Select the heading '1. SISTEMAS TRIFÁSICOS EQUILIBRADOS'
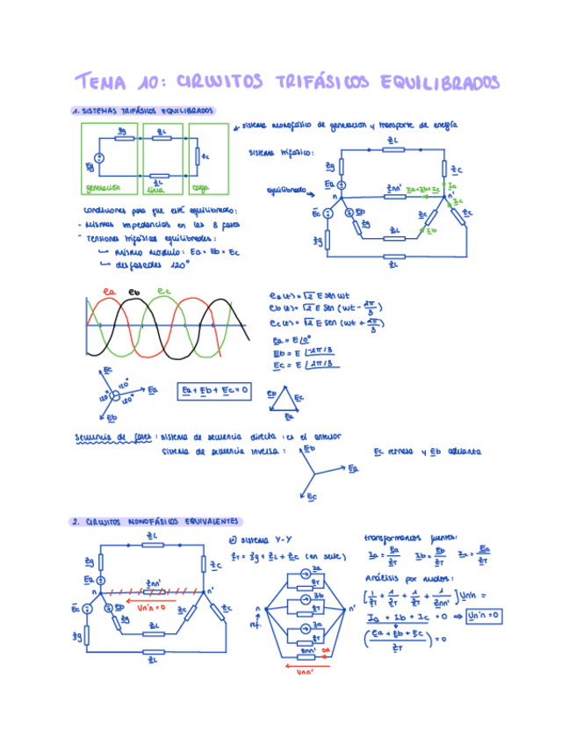pos(142,112)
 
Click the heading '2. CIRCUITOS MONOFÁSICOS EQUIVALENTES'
pos(157,522)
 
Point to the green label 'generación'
pos(102,187)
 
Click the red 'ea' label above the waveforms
pos(110,291)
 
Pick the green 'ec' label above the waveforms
pos(163,291)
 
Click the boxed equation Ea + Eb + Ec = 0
pos(214,389)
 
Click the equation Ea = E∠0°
pos(292,340)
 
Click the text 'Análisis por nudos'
pos(401,578)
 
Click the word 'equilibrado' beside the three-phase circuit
pos(286,189)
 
